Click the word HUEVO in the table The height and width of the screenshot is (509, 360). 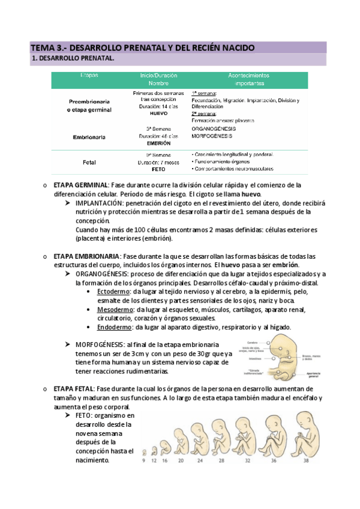pos(158,113)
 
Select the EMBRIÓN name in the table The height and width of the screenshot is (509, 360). pos(159,144)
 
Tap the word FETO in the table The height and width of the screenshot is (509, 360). pos(159,169)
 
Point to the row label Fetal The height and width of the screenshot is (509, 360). pos(89,162)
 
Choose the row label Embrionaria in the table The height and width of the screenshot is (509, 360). pos(89,137)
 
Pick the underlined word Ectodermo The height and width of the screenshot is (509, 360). pos(113,291)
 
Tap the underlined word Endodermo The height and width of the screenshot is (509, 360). pos(113,327)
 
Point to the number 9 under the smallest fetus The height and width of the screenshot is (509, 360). pos(143,461)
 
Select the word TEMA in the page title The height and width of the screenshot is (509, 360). pos(43,47)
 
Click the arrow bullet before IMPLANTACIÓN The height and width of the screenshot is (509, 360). pos(68,203)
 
